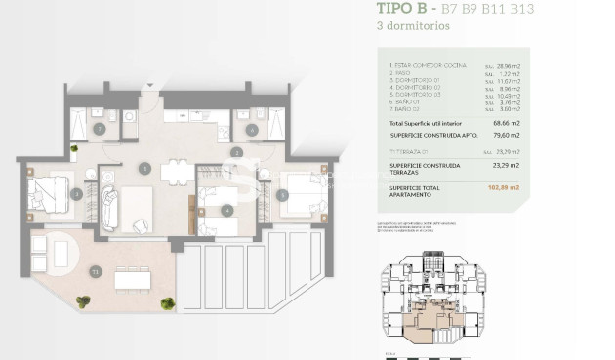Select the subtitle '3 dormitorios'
click(412, 27)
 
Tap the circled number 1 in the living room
click(143, 167)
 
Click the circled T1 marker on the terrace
click(95, 271)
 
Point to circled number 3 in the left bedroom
click(76, 194)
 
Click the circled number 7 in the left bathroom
click(99, 129)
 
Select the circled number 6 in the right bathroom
click(251, 129)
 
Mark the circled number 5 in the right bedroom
click(282, 194)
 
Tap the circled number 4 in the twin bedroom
click(227, 209)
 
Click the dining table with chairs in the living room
click(176, 173)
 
